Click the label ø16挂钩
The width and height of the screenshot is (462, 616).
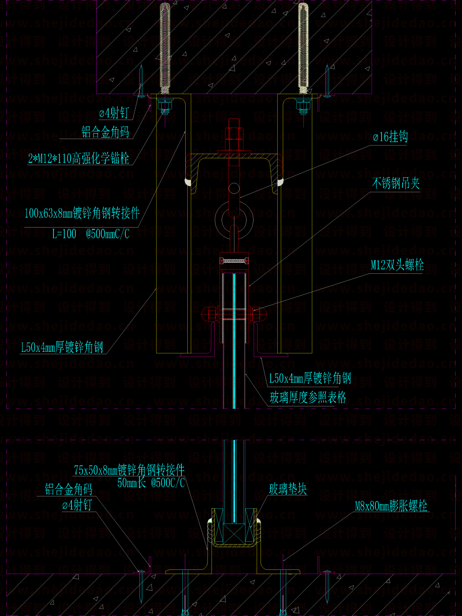tap(390, 137)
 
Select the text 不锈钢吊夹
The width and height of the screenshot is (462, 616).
tap(396, 184)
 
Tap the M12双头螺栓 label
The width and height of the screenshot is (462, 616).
tap(397, 265)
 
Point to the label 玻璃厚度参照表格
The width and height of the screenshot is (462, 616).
tap(308, 398)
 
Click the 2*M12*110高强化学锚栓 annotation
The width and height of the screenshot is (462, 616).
tap(79, 159)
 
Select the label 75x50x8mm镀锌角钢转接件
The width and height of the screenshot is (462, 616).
tap(129, 470)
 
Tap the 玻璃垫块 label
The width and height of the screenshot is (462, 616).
tap(288, 489)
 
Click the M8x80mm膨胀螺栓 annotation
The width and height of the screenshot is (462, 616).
tap(391, 506)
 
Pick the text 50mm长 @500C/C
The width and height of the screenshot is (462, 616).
tap(151, 483)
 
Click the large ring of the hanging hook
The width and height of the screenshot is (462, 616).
tap(234, 219)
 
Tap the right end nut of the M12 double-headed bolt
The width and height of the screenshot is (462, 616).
tap(259, 314)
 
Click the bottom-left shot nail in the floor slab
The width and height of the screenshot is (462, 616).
tap(141, 586)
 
